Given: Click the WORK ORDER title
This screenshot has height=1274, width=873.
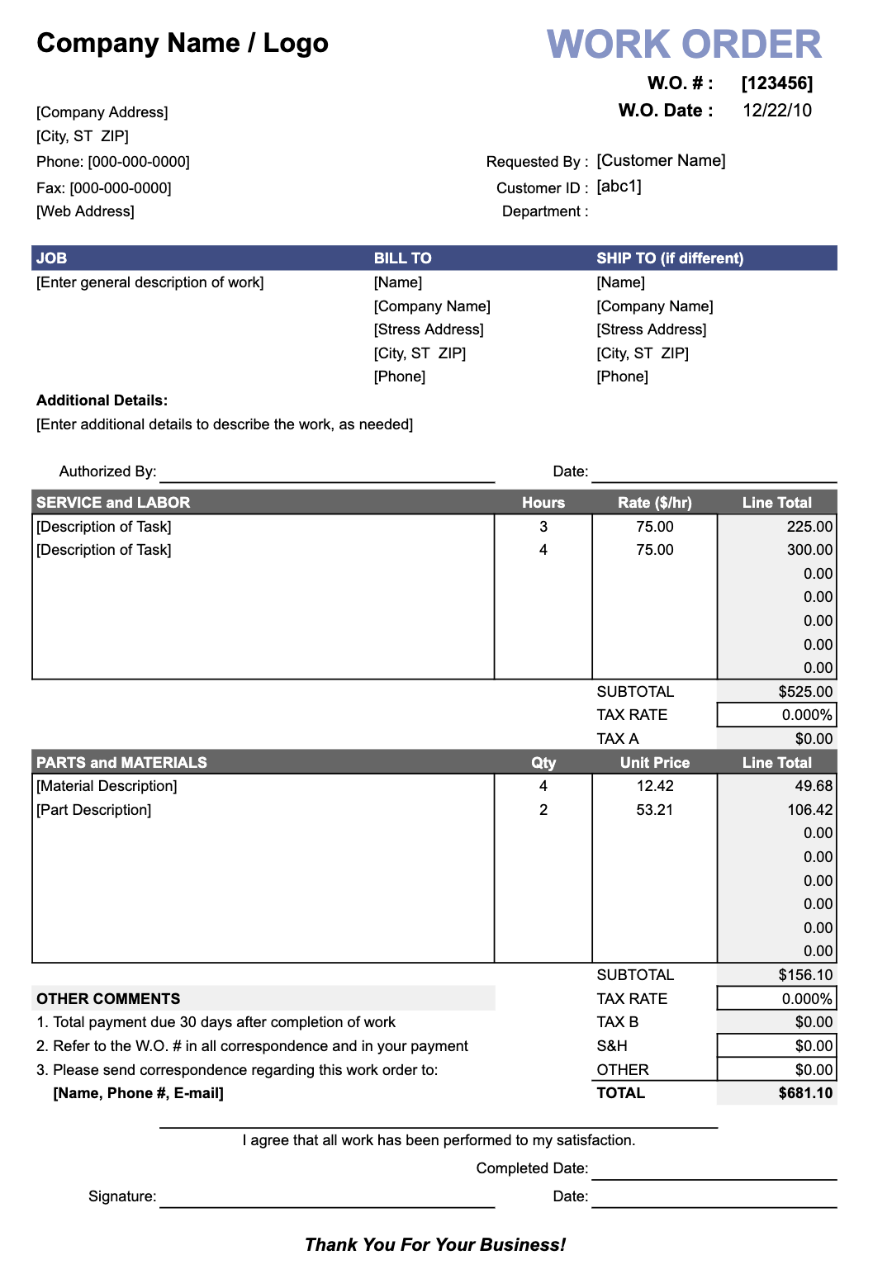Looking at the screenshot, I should click(x=684, y=45).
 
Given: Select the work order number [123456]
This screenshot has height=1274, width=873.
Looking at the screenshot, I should click(x=776, y=83).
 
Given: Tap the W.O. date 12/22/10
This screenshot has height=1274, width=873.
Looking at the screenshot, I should click(x=776, y=111).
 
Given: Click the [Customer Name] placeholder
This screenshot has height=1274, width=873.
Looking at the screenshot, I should click(x=661, y=161).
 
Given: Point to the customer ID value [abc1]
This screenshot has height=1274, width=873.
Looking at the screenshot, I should click(x=619, y=187).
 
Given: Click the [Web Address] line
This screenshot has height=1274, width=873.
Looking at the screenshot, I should click(x=85, y=211).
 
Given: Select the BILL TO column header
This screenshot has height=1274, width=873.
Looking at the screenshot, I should click(x=402, y=258).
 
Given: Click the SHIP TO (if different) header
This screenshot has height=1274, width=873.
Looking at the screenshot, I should click(x=670, y=258).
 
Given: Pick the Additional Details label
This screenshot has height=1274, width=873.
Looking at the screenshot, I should click(x=102, y=400).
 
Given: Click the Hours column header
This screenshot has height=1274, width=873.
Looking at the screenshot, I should click(x=543, y=503).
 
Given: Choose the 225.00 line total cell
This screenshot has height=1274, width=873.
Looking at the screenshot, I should click(x=809, y=527).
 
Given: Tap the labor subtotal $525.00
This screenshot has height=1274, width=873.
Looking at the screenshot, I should click(x=805, y=692).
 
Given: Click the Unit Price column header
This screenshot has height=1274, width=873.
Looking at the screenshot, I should click(x=654, y=763).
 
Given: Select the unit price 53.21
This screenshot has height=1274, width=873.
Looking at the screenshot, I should click(x=654, y=810).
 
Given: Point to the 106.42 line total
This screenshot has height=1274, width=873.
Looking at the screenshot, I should click(x=809, y=810).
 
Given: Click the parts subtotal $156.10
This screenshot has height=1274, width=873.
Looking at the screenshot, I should click(x=805, y=975).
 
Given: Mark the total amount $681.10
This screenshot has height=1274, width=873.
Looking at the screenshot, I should click(x=805, y=1093).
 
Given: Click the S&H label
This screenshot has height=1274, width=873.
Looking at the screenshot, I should click(x=612, y=1046).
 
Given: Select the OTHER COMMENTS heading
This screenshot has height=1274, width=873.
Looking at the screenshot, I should click(x=108, y=999).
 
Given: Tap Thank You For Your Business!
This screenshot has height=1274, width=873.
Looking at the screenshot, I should click(x=435, y=1245).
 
